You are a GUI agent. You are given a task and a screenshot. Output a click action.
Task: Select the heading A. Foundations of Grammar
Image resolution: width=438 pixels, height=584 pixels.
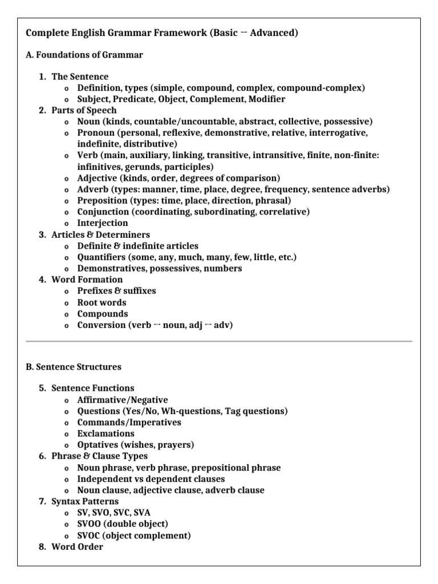point(84,55)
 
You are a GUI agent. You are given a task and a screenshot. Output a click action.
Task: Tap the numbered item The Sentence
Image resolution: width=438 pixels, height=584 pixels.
point(80,76)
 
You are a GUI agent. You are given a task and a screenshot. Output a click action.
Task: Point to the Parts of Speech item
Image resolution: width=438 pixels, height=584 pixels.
point(84,110)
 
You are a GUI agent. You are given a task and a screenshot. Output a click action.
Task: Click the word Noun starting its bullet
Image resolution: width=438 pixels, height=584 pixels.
point(89,121)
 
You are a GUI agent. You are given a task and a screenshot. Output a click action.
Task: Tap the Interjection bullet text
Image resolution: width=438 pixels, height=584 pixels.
point(103,223)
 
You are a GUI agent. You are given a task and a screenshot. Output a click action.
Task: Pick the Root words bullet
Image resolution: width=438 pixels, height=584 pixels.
point(102,302)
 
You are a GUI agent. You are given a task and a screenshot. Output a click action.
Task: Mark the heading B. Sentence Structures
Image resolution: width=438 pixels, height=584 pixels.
point(74,367)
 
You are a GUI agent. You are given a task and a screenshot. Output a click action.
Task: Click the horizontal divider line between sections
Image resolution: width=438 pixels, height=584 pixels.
point(219,341)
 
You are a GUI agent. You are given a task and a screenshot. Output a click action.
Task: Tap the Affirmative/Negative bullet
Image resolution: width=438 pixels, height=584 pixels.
point(123,400)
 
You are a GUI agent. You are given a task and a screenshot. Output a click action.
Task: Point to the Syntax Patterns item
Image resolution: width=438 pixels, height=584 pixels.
point(85,501)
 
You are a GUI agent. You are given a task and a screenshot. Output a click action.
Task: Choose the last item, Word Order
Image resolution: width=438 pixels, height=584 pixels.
point(78,547)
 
